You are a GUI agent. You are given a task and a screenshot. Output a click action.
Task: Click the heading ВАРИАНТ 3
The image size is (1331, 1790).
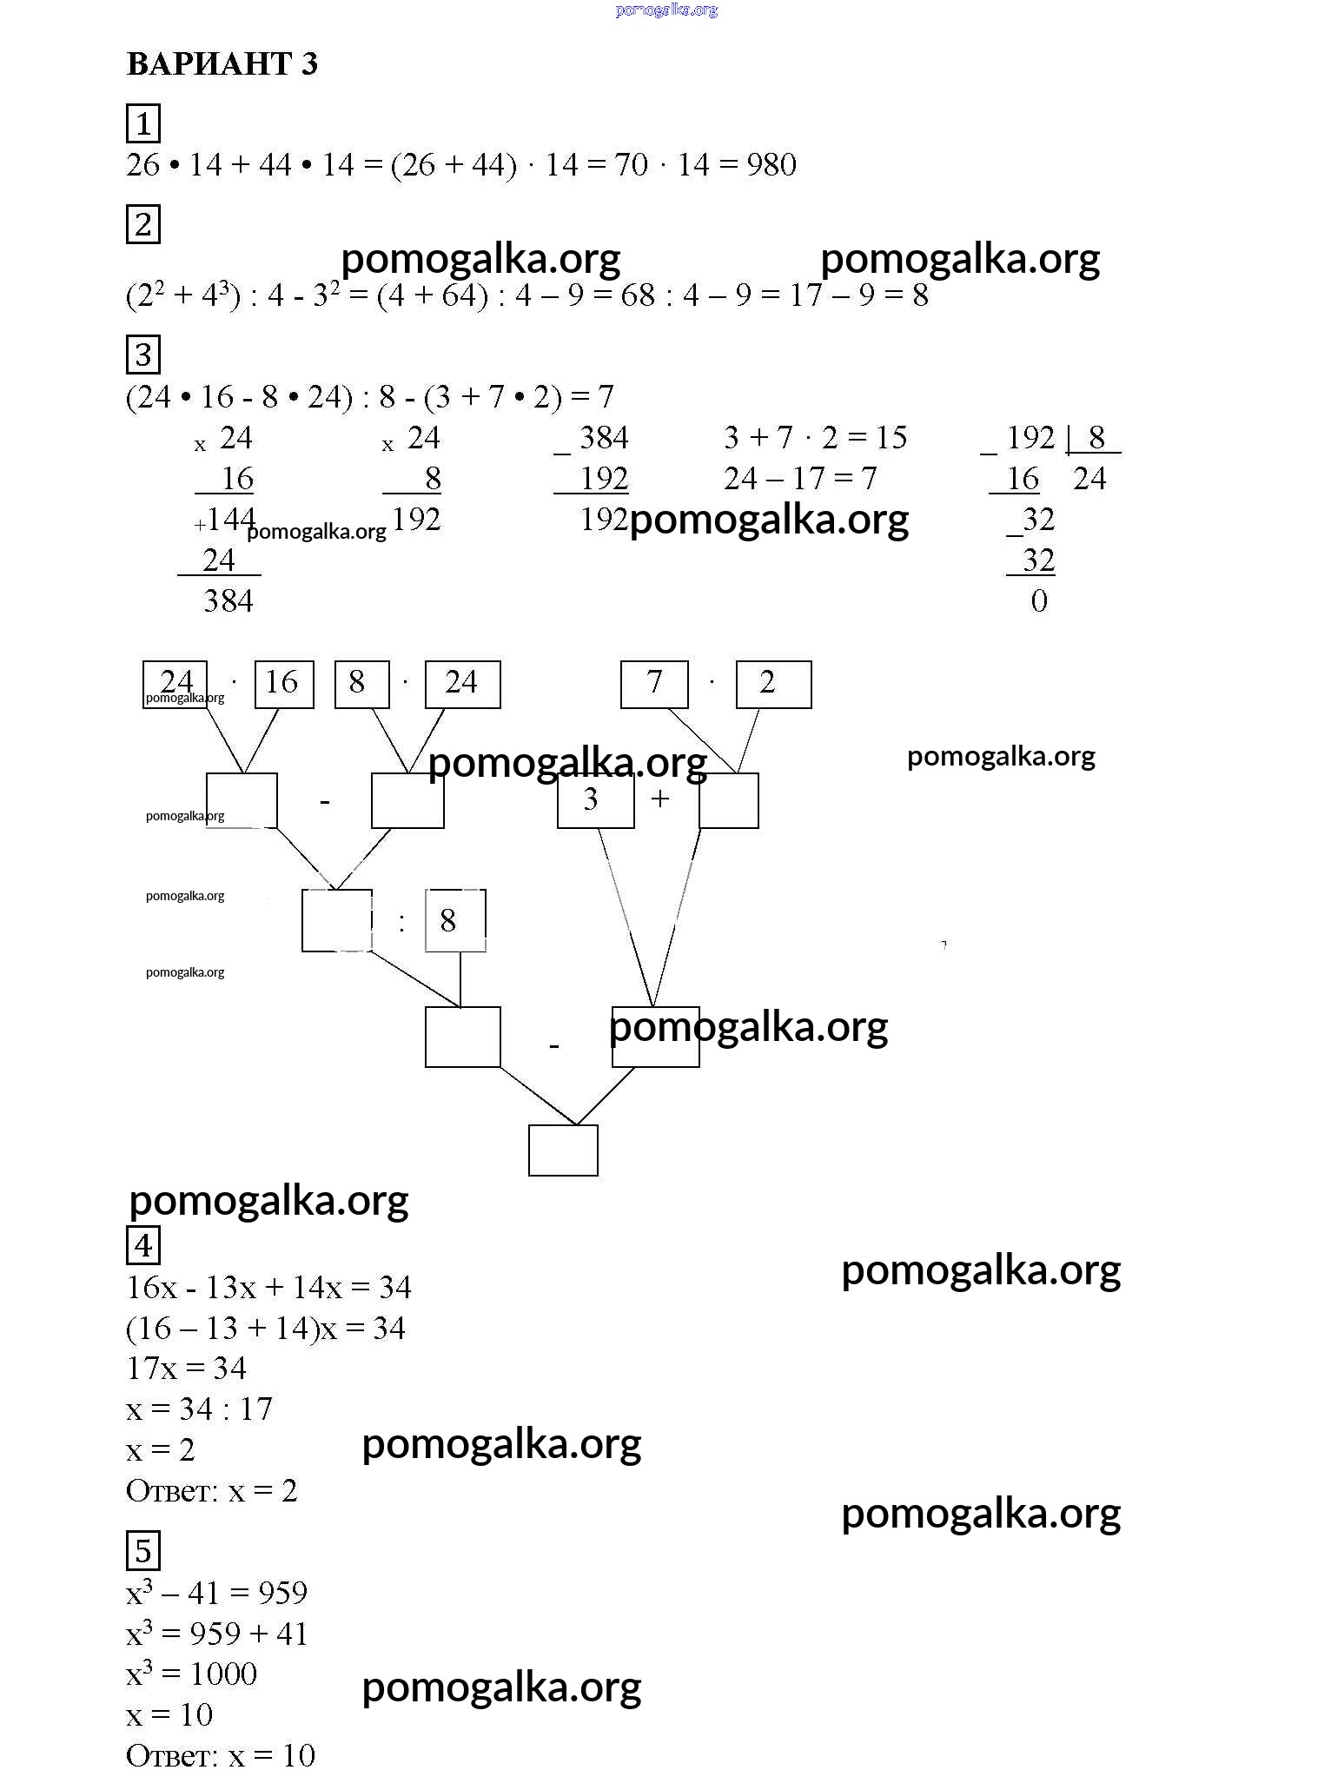(222, 64)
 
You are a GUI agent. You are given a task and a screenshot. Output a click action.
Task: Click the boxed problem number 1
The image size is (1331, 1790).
(143, 123)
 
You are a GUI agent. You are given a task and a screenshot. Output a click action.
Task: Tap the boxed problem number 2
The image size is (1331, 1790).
(143, 225)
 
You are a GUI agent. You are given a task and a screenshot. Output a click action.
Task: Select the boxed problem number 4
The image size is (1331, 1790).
(143, 1245)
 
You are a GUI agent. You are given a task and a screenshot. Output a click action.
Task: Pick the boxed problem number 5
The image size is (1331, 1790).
(143, 1551)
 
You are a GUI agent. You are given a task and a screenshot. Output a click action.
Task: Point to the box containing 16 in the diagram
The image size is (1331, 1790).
(283, 684)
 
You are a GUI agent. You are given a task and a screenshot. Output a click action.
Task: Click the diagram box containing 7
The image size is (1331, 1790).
(654, 684)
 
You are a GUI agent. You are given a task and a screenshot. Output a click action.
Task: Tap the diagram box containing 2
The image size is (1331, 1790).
(773, 684)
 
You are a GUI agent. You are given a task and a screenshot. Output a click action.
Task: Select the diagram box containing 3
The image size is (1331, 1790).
(595, 800)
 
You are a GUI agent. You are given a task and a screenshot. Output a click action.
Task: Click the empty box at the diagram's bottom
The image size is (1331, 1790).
(563, 1150)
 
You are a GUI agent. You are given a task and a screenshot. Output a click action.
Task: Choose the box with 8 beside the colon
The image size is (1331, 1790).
(455, 920)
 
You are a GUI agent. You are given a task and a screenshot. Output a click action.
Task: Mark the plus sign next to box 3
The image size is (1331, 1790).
(660, 799)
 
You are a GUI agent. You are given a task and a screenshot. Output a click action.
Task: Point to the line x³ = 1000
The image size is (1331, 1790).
(192, 1674)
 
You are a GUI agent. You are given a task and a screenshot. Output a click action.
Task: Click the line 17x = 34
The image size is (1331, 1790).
(186, 1369)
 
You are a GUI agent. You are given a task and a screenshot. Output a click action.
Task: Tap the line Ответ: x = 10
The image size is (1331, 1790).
(221, 1755)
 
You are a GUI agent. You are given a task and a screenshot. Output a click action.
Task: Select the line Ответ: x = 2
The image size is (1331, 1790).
(212, 1491)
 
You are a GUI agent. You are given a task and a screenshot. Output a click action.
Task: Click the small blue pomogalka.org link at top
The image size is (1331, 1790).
(666, 10)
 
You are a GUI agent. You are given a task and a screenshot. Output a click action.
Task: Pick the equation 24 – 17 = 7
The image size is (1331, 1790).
(800, 479)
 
